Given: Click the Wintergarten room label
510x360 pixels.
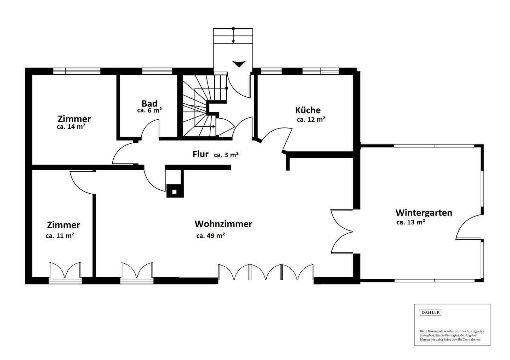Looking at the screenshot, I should point(424,213).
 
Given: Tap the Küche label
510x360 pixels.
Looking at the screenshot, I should point(308,110).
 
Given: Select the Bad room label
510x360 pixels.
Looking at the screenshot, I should point(149,103).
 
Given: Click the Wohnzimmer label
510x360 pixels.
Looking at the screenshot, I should point(223,224).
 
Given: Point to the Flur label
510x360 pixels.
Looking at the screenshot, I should point(200,154).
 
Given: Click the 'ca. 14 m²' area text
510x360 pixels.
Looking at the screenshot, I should point(71,127).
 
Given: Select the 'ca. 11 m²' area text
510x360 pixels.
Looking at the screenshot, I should point(60,235).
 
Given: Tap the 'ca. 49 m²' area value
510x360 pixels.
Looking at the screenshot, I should point(210,236).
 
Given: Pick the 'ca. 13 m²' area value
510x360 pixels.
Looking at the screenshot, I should point(410,222).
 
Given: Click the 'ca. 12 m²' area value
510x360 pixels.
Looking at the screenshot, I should point(311,120).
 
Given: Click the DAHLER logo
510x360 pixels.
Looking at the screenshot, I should point(430,312).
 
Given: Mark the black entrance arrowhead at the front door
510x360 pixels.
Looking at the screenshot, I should point(239,64).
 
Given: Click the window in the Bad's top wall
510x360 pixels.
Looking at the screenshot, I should point(157,71).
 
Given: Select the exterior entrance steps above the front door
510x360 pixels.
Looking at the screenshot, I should point(233,36).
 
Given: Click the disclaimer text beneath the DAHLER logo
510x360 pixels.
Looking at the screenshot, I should point(452,335).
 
